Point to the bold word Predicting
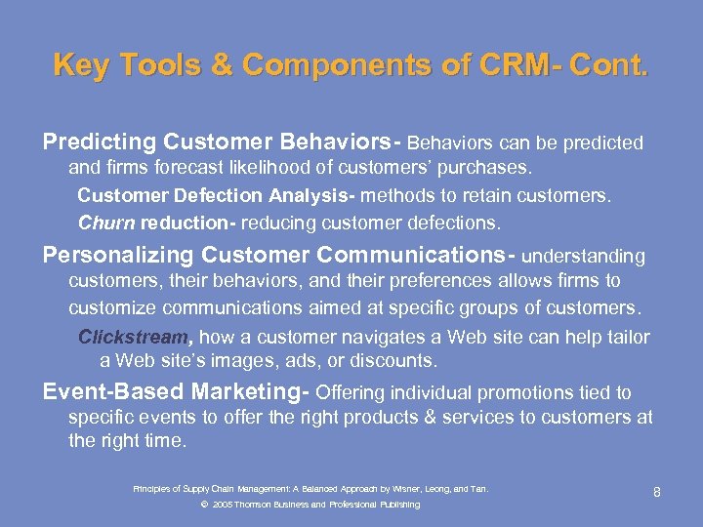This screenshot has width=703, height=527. pos(100,143)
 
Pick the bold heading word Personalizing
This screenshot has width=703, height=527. pos(118,256)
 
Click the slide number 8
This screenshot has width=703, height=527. pos(657,492)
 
